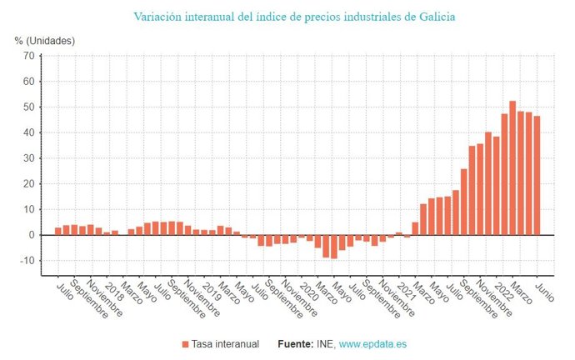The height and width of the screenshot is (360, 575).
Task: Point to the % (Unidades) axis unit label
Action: [x=45, y=40]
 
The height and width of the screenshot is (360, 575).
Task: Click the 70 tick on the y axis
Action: [x=28, y=56]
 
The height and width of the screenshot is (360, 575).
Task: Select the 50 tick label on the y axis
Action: [x=28, y=107]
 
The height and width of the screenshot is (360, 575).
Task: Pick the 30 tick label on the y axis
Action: [x=28, y=158]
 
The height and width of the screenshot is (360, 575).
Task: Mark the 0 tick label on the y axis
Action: [x=31, y=235]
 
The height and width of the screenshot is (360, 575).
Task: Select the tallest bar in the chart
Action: [x=512, y=167]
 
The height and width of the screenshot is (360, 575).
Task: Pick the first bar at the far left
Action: [x=57, y=231]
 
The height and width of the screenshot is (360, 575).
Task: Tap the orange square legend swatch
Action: [x=185, y=343]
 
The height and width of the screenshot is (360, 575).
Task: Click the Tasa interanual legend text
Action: [x=225, y=343]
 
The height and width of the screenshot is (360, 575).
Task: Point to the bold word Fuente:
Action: [x=290, y=343]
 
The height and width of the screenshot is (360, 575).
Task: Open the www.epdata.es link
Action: [x=372, y=343]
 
